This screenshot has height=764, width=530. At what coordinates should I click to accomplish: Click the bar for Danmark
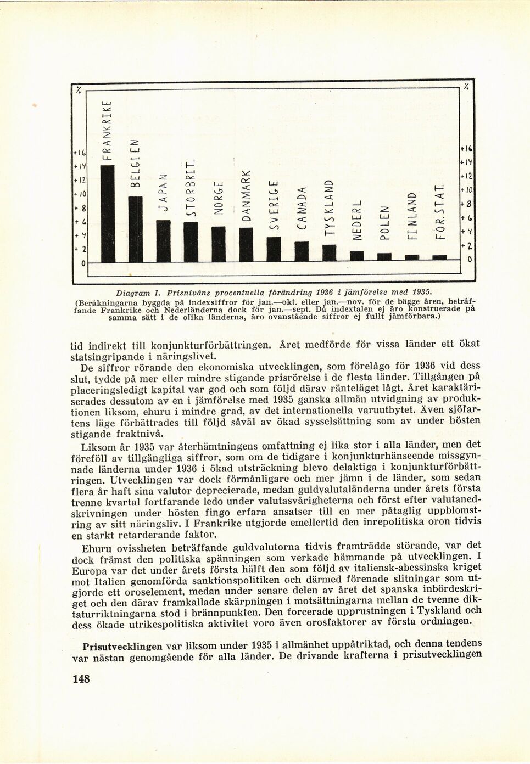point(246,244)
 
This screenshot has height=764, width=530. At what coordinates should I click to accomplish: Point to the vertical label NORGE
point(218,197)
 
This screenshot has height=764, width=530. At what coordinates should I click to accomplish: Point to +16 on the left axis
point(80,152)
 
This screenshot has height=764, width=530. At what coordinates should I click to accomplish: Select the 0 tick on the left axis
point(81,264)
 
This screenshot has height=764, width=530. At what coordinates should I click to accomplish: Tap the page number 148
point(81,679)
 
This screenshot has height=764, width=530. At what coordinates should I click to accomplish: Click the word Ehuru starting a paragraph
point(97,549)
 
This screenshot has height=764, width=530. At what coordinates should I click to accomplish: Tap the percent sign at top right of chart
point(466,87)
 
